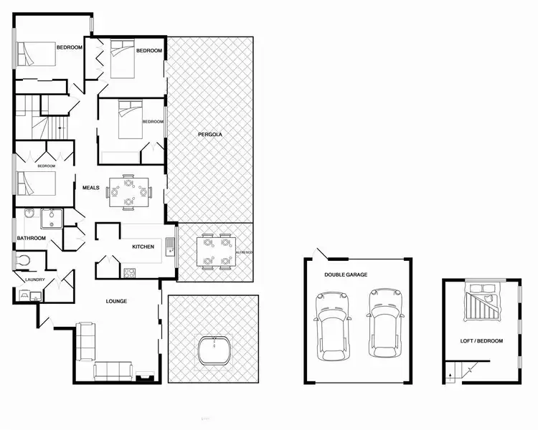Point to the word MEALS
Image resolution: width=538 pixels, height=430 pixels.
click(x=90, y=188)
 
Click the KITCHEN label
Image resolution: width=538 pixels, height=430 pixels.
click(x=143, y=247)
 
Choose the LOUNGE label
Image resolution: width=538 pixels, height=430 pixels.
click(x=115, y=301)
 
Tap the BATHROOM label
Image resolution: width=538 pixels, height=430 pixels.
click(x=32, y=238)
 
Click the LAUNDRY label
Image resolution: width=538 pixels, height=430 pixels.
click(x=35, y=279)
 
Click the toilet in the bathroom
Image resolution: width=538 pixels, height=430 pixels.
click(x=24, y=259)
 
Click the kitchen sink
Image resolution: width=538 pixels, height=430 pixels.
click(x=170, y=247)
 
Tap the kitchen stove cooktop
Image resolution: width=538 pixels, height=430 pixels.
click(x=130, y=272)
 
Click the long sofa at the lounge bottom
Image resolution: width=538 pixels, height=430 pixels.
click(x=113, y=370)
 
